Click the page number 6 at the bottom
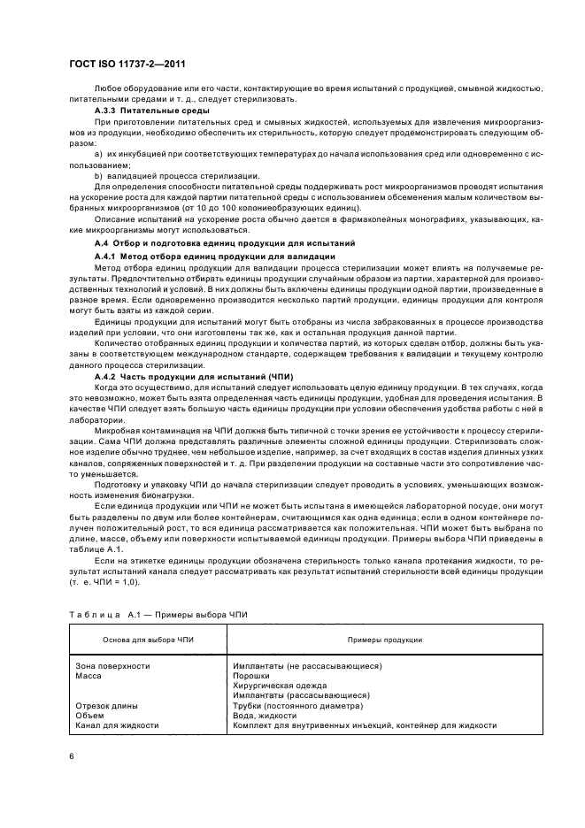pos(72,756)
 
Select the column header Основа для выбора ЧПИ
pos(142,639)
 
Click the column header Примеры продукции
pos(377,639)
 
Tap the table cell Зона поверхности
pos(112,665)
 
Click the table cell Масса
pos(89,675)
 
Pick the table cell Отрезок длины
pos(106,706)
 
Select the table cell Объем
pos(89,716)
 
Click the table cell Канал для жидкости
pos(117,725)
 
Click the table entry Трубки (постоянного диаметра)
pos(297,706)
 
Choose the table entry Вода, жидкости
pos(264,716)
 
